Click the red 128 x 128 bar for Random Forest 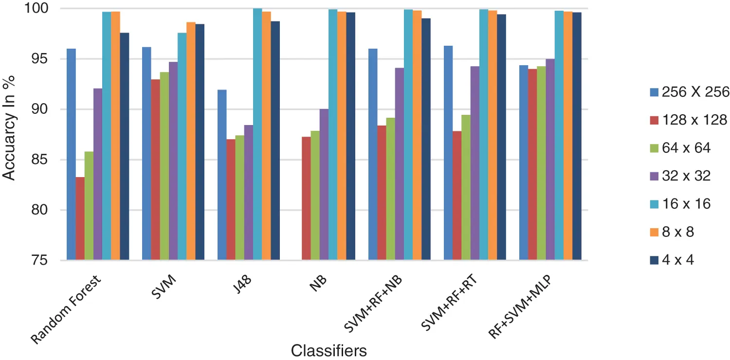tap(80, 219)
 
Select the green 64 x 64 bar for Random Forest tap(89, 206)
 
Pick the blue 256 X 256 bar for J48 tap(222, 175)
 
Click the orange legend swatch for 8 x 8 tap(654, 232)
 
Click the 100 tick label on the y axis tap(46, 9)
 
